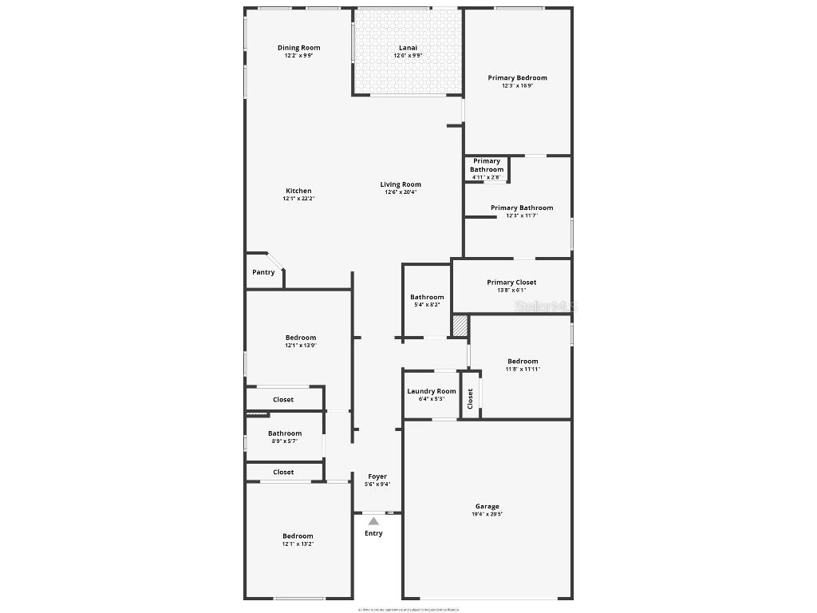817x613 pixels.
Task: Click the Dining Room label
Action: pyautogui.click(x=298, y=48)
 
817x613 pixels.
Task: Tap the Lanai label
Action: pyautogui.click(x=408, y=48)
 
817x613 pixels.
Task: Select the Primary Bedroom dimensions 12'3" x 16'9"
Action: pyautogui.click(x=517, y=85)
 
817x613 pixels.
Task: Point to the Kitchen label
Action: pyautogui.click(x=298, y=191)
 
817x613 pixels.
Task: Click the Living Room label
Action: pyautogui.click(x=401, y=184)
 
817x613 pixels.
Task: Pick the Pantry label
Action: pyautogui.click(x=263, y=272)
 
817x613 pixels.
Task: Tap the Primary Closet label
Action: pyautogui.click(x=511, y=282)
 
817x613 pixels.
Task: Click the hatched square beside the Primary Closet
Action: pyautogui.click(x=460, y=326)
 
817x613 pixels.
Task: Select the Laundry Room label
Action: pyautogui.click(x=432, y=391)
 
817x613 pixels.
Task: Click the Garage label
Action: pyautogui.click(x=487, y=506)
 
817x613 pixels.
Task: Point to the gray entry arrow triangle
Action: pyautogui.click(x=373, y=521)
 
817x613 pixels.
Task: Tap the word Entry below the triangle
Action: pyautogui.click(x=373, y=533)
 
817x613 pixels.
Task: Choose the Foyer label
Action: pyautogui.click(x=377, y=477)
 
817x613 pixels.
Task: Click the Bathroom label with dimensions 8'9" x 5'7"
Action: pyautogui.click(x=285, y=433)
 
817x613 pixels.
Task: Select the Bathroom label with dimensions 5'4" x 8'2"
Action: pyautogui.click(x=427, y=297)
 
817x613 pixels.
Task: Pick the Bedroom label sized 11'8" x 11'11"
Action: pyautogui.click(x=523, y=361)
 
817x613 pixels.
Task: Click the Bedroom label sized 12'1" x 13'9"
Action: pyautogui.click(x=301, y=338)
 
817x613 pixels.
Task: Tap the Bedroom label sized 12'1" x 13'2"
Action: pyautogui.click(x=298, y=536)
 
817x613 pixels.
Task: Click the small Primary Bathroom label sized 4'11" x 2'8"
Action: pyautogui.click(x=487, y=165)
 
